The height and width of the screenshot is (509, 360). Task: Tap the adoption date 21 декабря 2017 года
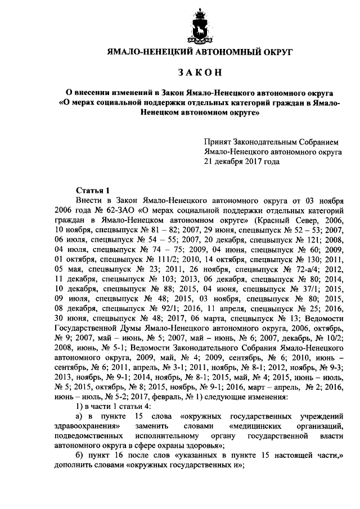[x=242, y=161]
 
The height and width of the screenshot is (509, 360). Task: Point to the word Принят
[x=218, y=142]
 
